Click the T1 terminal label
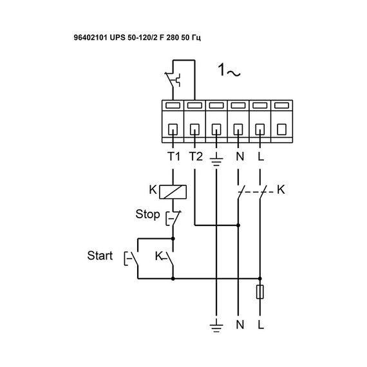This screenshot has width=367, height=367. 173,156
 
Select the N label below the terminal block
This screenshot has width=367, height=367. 238,156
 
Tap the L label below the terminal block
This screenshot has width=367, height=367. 259,156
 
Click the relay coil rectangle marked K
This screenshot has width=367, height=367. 173,191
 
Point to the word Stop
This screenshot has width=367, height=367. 147,213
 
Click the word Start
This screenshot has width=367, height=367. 100,256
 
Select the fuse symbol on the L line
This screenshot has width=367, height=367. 259,292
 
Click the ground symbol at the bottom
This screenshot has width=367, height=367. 217,325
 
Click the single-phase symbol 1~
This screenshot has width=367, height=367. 228,72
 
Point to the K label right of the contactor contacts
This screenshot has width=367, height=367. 280,191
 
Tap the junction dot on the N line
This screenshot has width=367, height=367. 238,225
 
